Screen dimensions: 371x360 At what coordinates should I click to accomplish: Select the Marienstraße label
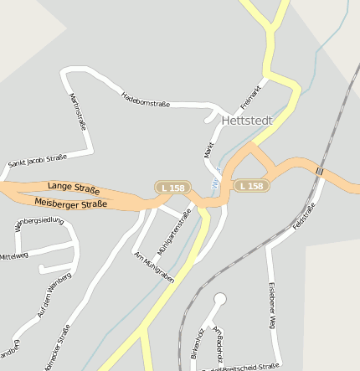79,109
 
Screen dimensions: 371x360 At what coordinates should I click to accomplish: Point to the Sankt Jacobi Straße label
37,160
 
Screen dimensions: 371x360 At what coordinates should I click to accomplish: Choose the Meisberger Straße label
71,204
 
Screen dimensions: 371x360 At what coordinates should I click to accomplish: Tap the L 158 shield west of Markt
172,188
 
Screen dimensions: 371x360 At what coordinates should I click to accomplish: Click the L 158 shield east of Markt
251,186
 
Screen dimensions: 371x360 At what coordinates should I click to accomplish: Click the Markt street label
209,150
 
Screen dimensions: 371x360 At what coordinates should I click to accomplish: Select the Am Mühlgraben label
154,266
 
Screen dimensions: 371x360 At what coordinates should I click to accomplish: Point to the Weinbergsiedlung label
39,221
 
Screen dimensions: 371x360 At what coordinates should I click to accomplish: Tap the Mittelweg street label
13,255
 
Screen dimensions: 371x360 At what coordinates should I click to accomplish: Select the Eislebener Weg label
271,306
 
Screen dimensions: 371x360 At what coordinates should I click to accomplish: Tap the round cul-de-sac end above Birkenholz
220,299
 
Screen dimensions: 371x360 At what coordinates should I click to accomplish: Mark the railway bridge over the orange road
320,171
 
